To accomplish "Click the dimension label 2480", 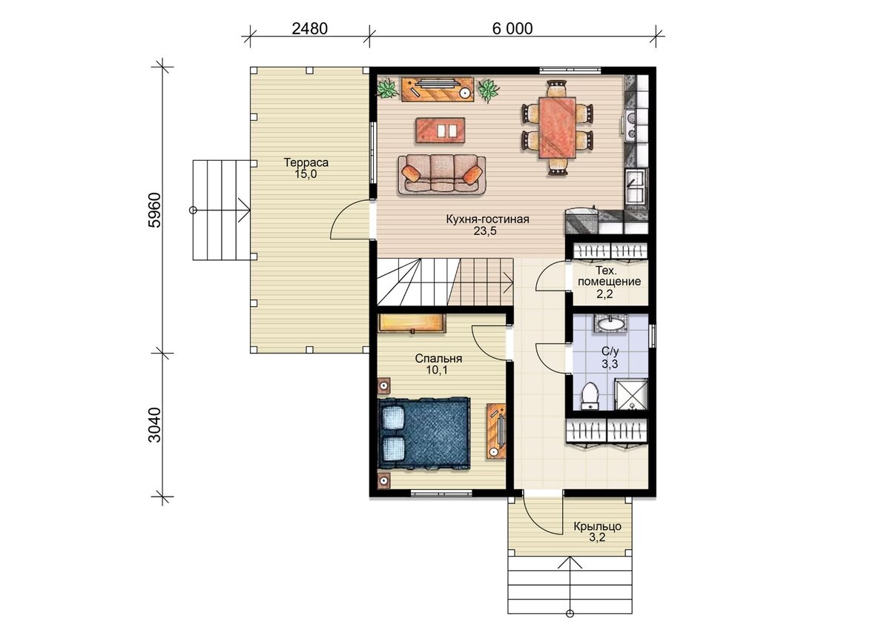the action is point(309,29).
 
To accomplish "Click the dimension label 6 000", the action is point(512,29).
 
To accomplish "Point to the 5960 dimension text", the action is point(154,210).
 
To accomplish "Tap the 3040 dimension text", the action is point(154,425).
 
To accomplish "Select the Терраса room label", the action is point(306,162).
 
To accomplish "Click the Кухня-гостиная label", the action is point(487,219).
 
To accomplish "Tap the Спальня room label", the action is point(438,359).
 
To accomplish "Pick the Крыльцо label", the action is point(597,526).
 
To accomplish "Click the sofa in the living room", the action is point(442,175).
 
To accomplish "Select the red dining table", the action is point(558,127).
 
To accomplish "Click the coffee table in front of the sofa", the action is point(441,130).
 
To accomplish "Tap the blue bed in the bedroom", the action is point(424,434).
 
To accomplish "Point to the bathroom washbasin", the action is point(610,324).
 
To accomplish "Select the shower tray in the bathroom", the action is point(631,394).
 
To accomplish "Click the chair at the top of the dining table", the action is point(556,88).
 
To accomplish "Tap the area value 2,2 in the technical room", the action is point(604,294).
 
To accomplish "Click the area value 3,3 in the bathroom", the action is point(610,364).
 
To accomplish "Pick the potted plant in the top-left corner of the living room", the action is point(387,89).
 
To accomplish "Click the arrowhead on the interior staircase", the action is point(509,282).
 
